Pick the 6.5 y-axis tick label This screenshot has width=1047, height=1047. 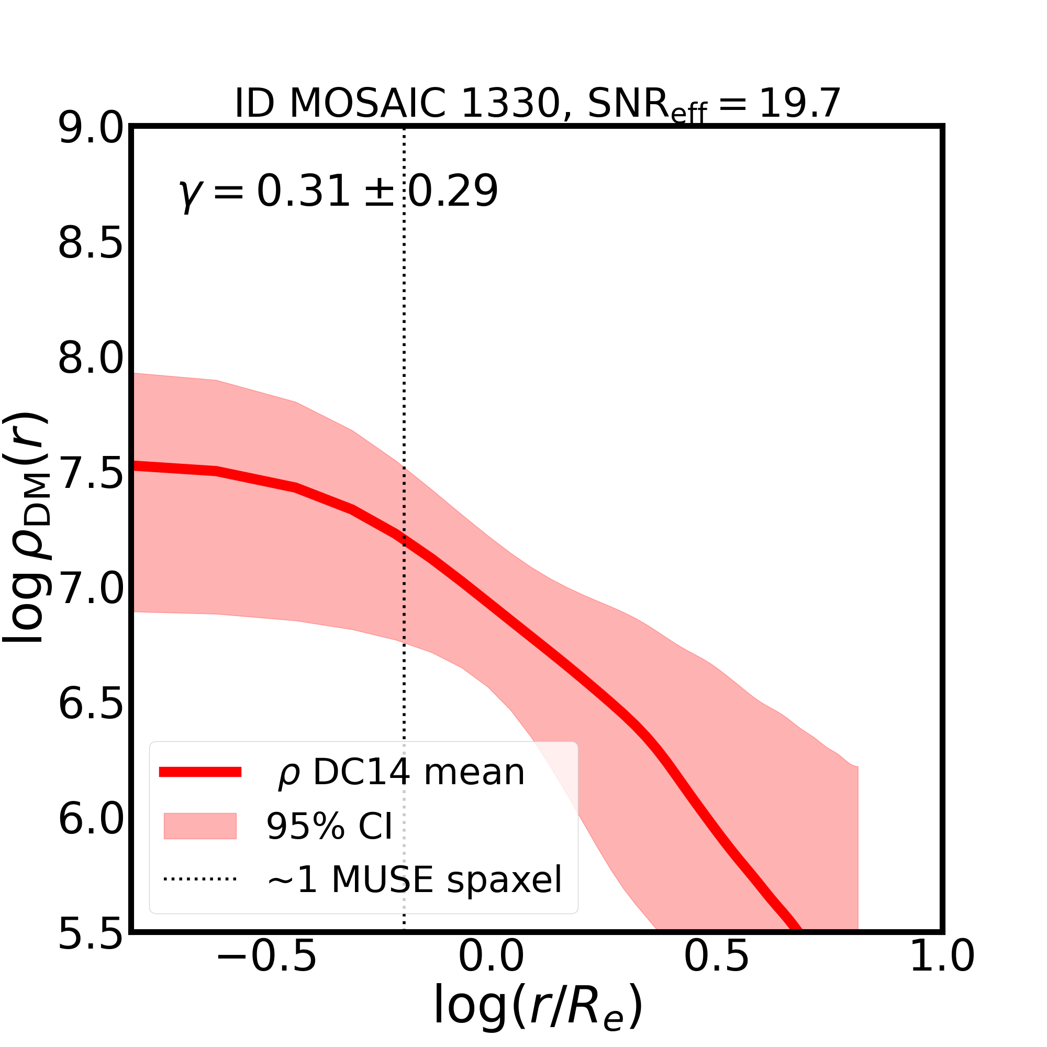pos(91,705)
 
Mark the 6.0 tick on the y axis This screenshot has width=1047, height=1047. pos(91,819)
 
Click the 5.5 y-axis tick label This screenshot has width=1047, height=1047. pos(91,934)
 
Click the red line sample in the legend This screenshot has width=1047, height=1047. pos(200,772)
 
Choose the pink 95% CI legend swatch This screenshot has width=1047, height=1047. pos(200,826)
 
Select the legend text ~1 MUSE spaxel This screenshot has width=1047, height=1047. pos(415,879)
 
